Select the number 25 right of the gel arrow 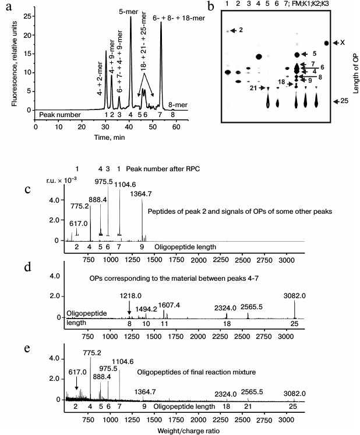(x=344, y=101)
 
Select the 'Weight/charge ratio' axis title (x=188, y=430)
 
